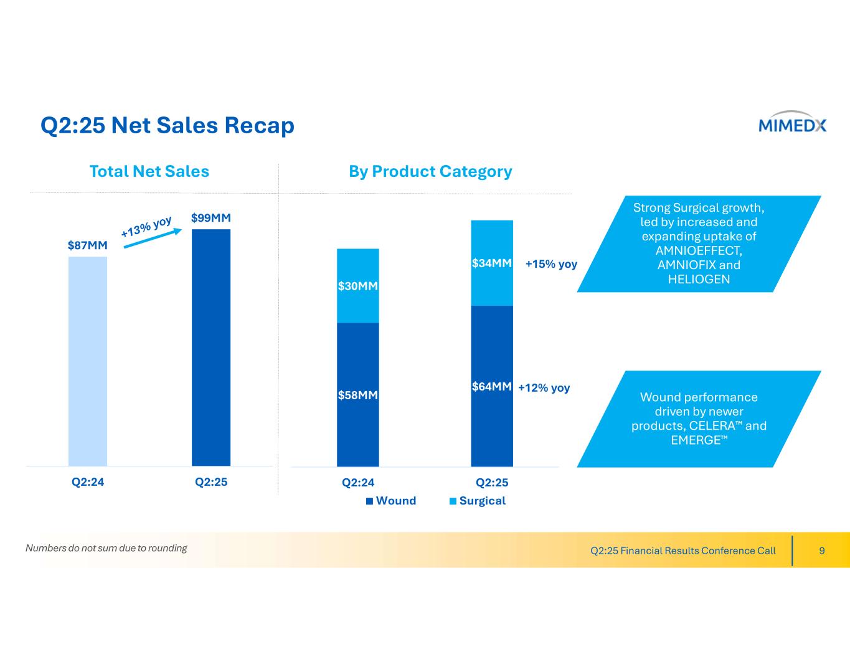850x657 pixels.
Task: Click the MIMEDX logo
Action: click(792, 125)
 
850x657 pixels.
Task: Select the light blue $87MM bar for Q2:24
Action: click(88, 361)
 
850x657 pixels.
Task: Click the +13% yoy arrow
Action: click(153, 237)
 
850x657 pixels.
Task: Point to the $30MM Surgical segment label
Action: click(358, 286)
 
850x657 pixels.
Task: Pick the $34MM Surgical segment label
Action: click(492, 263)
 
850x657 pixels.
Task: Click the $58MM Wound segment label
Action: click(358, 395)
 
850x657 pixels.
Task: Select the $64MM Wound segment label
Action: click(492, 387)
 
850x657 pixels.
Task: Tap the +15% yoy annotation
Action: click(551, 264)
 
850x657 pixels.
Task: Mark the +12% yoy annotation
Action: click(544, 388)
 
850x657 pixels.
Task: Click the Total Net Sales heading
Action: click(149, 171)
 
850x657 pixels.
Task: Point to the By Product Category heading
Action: click(430, 171)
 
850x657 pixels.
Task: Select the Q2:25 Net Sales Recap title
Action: click(168, 126)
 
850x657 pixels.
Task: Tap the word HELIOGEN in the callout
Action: click(699, 280)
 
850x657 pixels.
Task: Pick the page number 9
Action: click(822, 551)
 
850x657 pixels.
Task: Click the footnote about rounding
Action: click(106, 548)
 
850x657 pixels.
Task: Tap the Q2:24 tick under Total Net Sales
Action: click(88, 482)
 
